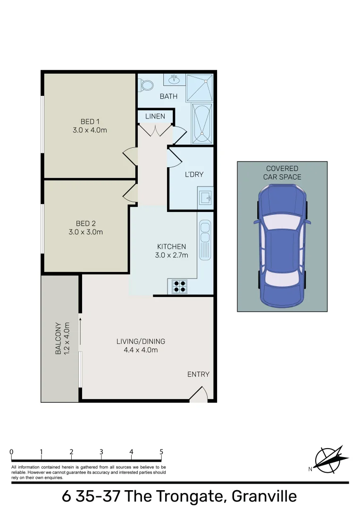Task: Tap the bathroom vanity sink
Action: pos(174,79)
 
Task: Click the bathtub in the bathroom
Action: pos(202,124)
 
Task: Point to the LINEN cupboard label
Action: pos(155,116)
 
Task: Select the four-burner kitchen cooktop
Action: pos(179,286)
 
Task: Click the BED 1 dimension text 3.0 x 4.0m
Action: pos(90,130)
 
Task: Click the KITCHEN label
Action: pos(171,246)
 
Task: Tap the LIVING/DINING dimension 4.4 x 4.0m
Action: pos(141,350)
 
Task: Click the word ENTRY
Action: pos(198,374)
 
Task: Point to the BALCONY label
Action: pos(59,338)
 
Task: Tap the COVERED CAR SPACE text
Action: pos(282,172)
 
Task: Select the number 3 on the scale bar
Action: pos(101,452)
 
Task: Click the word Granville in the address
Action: pos(264,496)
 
